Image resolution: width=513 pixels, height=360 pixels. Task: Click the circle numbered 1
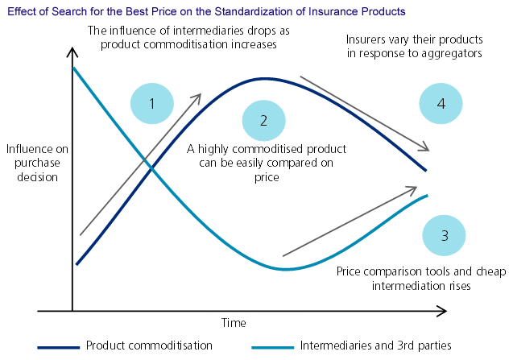152,103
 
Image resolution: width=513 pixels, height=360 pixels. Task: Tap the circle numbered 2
264,120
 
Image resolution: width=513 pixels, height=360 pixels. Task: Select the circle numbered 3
445,236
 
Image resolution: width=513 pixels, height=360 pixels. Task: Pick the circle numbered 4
441,104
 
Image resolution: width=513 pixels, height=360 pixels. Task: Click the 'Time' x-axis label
234,322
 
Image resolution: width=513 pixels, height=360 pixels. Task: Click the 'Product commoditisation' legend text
149,345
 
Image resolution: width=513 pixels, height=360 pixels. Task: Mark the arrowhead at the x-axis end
443,310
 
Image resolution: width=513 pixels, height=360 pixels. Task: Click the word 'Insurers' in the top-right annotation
365,39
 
